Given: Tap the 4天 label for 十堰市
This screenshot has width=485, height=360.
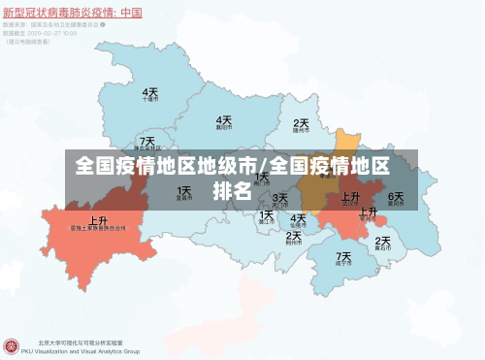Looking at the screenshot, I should coord(150,91).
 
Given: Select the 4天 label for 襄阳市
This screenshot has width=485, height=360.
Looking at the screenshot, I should coord(224,119).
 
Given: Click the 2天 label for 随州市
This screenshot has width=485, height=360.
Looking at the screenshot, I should coord(302,123).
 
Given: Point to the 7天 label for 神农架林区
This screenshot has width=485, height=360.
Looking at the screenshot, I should coord(146,142).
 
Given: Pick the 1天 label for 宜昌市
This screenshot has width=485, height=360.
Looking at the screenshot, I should coord(183,190).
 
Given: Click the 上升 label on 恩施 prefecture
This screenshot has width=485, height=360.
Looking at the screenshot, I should coord(98,220).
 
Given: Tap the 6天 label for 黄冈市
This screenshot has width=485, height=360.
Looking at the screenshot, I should coord(396,196).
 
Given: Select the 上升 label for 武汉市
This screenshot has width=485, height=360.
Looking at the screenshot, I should coord(350,196).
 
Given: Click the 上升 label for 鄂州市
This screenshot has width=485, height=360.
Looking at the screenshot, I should coord(368,211).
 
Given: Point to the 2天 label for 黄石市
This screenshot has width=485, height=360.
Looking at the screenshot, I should coord(383,241).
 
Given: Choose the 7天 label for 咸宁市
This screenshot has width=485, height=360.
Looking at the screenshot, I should coord(343,255).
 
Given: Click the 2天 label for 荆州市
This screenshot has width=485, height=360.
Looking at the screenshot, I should coord(293,235).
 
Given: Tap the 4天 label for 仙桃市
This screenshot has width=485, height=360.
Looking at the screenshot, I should coord(298,217).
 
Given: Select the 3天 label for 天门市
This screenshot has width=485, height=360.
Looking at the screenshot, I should coord(280,198).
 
